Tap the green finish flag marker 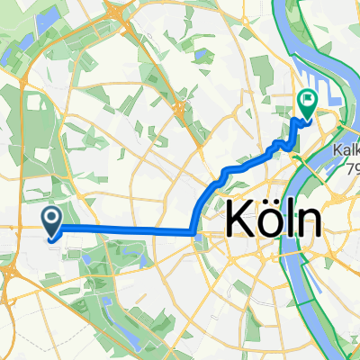pyautogui.click(x=307, y=105)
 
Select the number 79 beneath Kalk pyautogui.click(x=352, y=169)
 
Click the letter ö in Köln pyautogui.click(x=266, y=219)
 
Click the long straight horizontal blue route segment pyautogui.click(x=126, y=230)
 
